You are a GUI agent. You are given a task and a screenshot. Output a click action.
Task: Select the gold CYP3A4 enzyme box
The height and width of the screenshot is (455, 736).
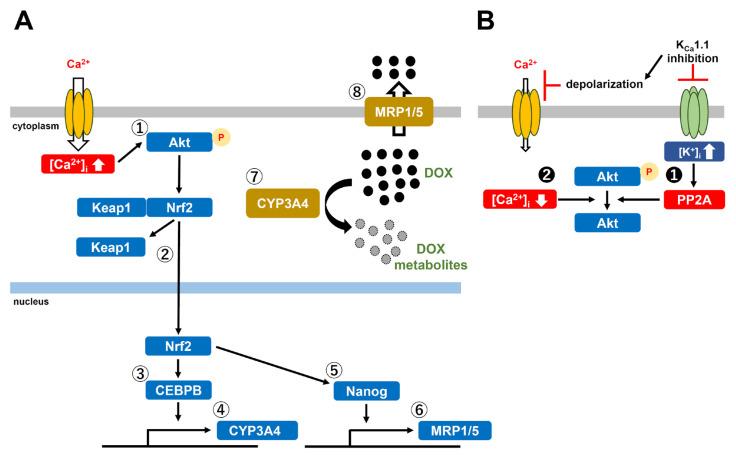(x=277, y=204)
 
